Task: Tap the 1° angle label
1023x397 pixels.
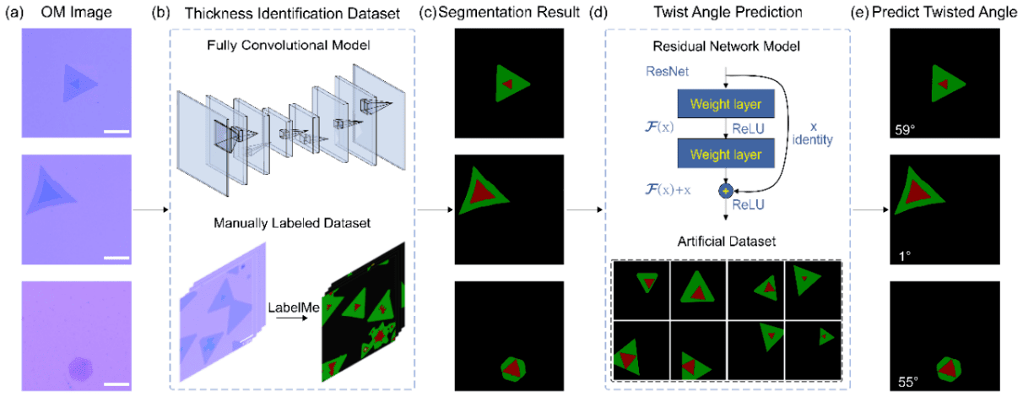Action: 901,254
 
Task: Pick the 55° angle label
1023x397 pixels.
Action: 905,381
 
